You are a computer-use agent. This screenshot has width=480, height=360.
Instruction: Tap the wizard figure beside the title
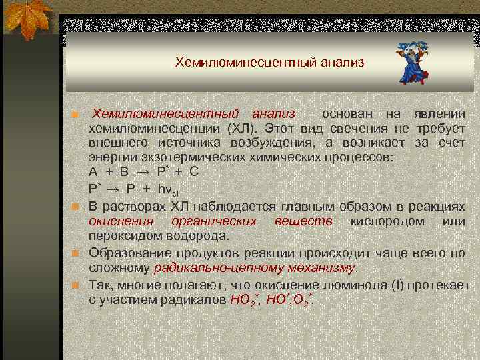(413, 63)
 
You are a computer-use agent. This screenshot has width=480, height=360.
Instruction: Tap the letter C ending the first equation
(194, 171)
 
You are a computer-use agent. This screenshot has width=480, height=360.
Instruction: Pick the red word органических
(213, 221)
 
